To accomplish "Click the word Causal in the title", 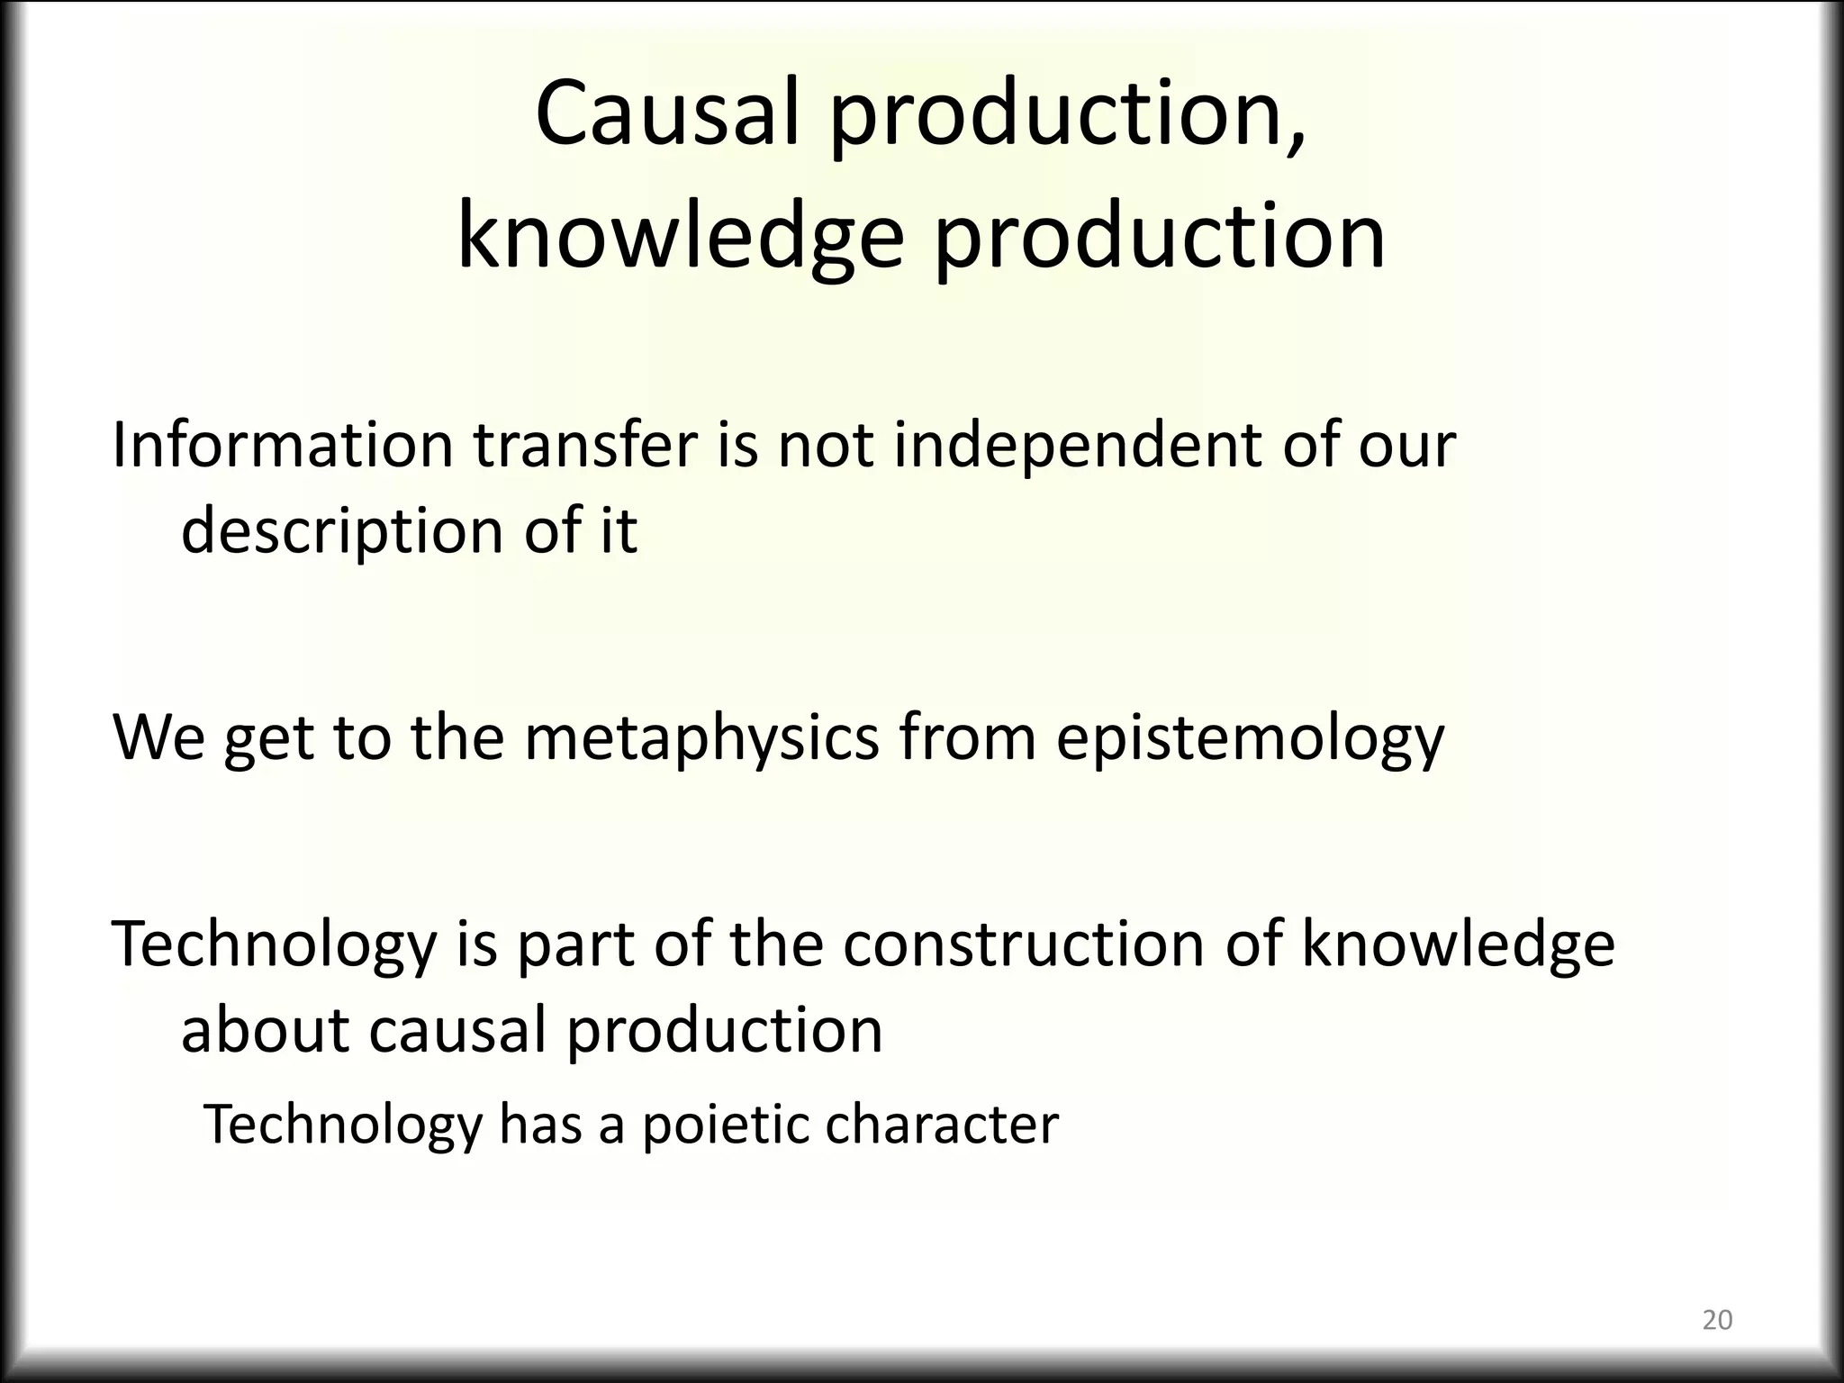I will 667,113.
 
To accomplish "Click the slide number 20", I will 1717,1320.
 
